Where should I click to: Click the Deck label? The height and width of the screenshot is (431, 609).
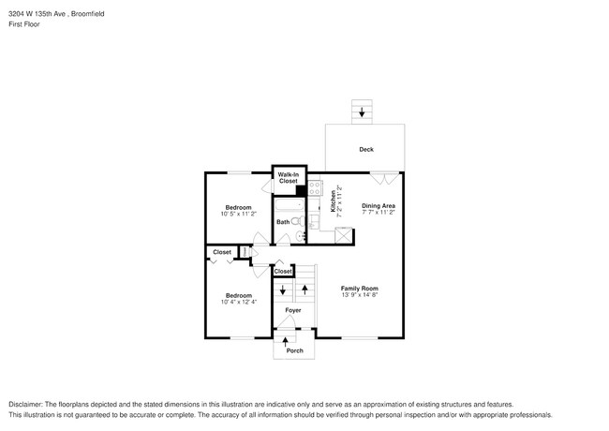[x=365, y=150]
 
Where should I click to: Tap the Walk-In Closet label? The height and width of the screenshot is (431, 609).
[x=289, y=177]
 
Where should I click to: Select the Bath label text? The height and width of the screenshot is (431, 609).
[x=282, y=222]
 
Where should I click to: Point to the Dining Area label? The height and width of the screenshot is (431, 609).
[x=378, y=205]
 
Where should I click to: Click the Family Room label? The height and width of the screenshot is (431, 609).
[x=360, y=288]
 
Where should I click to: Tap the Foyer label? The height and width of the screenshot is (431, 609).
[x=293, y=309]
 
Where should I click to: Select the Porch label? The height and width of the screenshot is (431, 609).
[x=294, y=350]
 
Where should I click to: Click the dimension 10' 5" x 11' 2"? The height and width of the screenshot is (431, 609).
[x=238, y=214]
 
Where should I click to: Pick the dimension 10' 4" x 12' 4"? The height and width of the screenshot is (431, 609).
[x=237, y=302]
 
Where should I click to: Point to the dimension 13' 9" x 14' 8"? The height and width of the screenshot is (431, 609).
[x=360, y=295]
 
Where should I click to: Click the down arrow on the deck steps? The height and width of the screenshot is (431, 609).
[x=363, y=112]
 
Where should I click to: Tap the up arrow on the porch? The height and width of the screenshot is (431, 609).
[x=285, y=340]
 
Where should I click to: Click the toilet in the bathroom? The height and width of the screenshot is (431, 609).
[x=297, y=222]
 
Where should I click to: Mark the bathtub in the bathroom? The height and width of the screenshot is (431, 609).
[x=288, y=205]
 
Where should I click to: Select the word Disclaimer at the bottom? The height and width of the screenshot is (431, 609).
[x=28, y=404]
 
